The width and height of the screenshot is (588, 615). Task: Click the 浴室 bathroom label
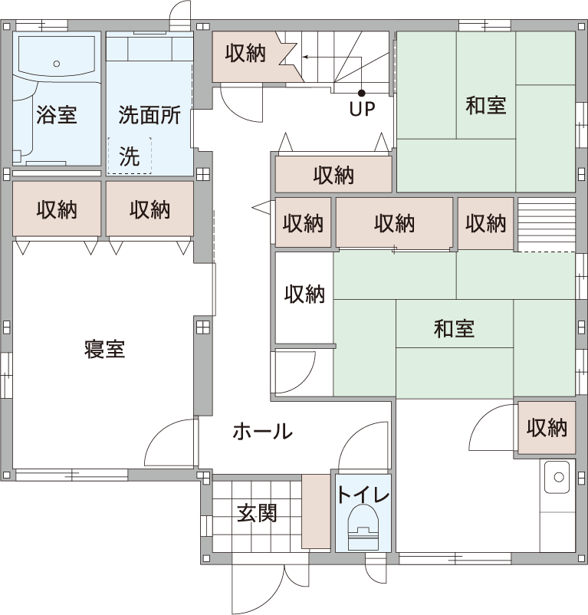click(x=57, y=115)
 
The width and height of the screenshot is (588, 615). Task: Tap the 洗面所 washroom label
click(x=149, y=115)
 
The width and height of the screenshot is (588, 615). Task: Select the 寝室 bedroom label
click(x=104, y=349)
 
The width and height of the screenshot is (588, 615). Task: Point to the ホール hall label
click(x=263, y=432)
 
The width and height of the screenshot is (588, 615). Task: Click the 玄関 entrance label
click(x=257, y=513)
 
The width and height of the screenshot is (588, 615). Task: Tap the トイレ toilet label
click(x=363, y=495)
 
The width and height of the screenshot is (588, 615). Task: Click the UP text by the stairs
click(x=362, y=109)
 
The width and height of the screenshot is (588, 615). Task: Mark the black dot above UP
click(x=361, y=93)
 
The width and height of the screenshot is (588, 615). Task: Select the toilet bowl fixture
click(x=363, y=527)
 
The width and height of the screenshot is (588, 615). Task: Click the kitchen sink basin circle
click(x=559, y=477)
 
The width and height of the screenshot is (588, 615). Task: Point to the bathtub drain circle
click(x=57, y=64)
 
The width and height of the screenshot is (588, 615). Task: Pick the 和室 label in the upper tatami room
click(x=486, y=106)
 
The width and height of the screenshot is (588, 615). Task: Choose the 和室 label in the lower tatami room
click(x=454, y=329)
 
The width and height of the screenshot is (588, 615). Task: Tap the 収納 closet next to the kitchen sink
click(x=547, y=428)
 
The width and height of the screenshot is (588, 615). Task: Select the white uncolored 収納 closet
click(x=304, y=298)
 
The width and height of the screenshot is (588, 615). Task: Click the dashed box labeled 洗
click(x=130, y=156)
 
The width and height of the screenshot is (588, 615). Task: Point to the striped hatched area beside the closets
click(x=547, y=225)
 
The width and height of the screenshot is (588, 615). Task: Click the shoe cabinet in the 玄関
click(x=316, y=511)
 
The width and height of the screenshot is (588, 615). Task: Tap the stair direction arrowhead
click(x=305, y=58)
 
